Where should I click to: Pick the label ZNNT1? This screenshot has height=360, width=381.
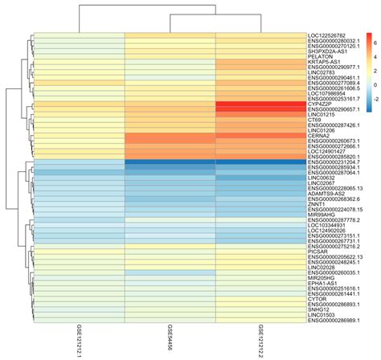click(318, 205)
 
